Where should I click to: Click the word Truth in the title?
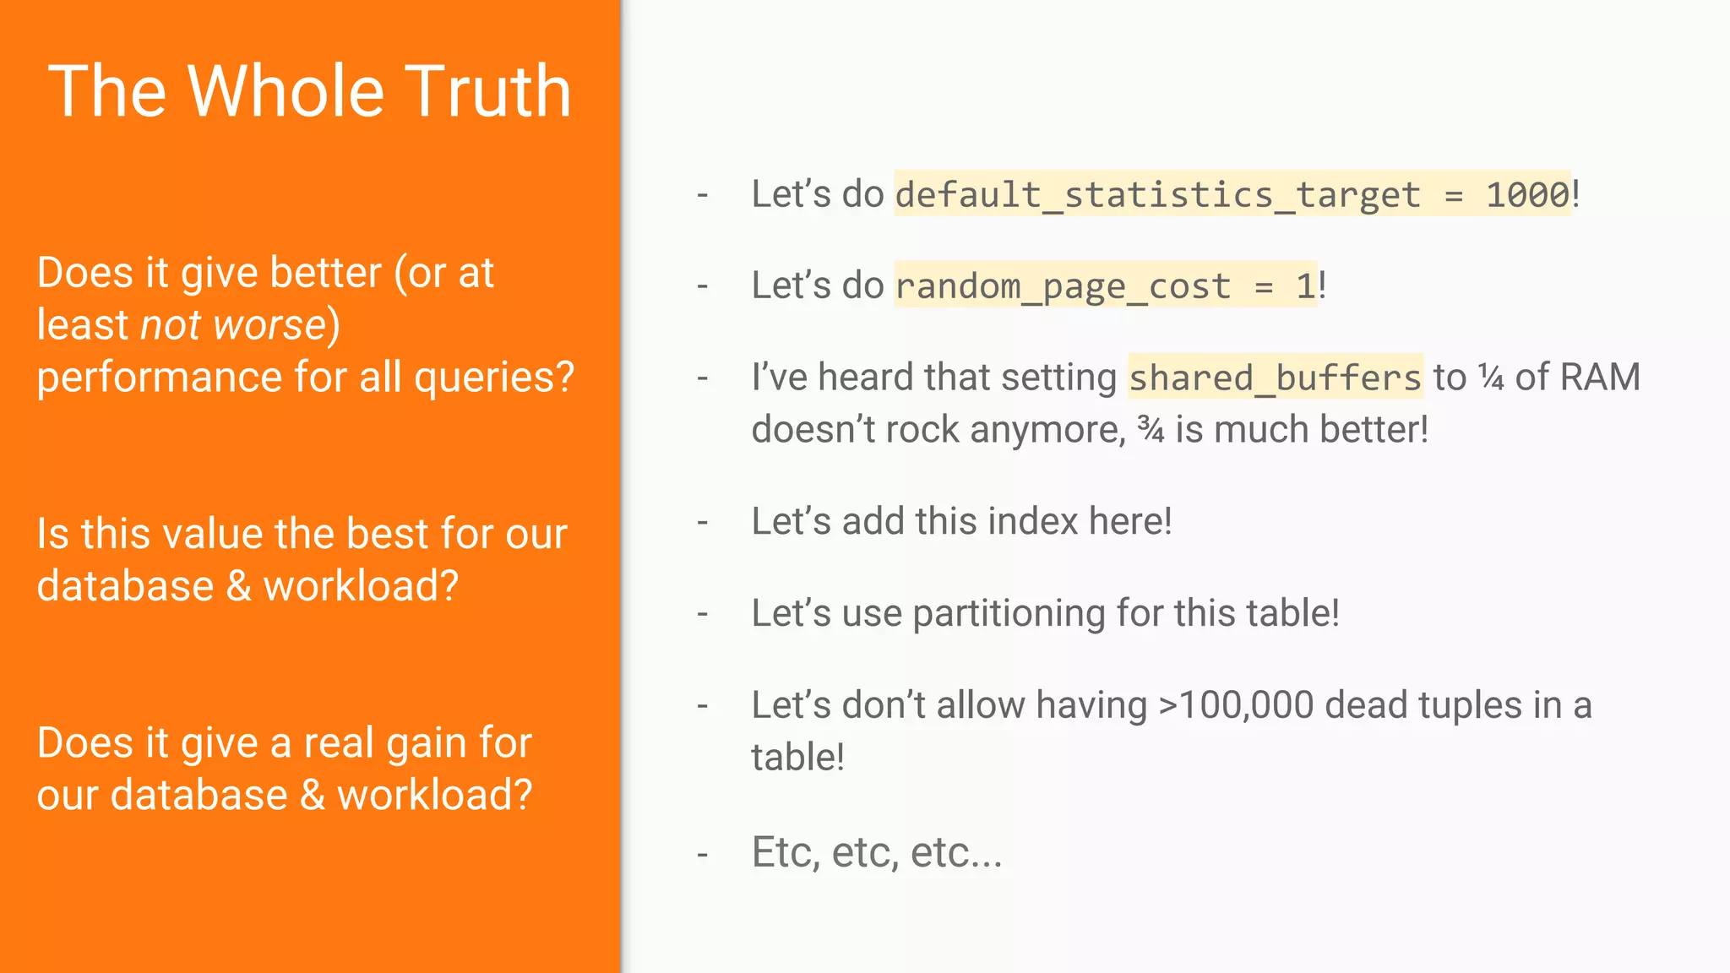click(491, 90)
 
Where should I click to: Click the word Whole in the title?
click(286, 90)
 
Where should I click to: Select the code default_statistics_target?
click(1158, 195)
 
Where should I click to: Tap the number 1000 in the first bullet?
click(1527, 195)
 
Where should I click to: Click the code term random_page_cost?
click(1063, 286)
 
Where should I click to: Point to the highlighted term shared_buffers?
click(1276, 378)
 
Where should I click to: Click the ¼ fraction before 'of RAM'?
click(1491, 378)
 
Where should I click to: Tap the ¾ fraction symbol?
click(1151, 429)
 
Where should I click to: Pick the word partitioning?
click(1009, 613)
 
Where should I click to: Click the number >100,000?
click(1236, 705)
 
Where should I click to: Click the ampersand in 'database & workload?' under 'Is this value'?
click(239, 586)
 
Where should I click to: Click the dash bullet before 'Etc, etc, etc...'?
click(702, 855)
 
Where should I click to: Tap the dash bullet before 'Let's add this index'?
click(702, 522)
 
